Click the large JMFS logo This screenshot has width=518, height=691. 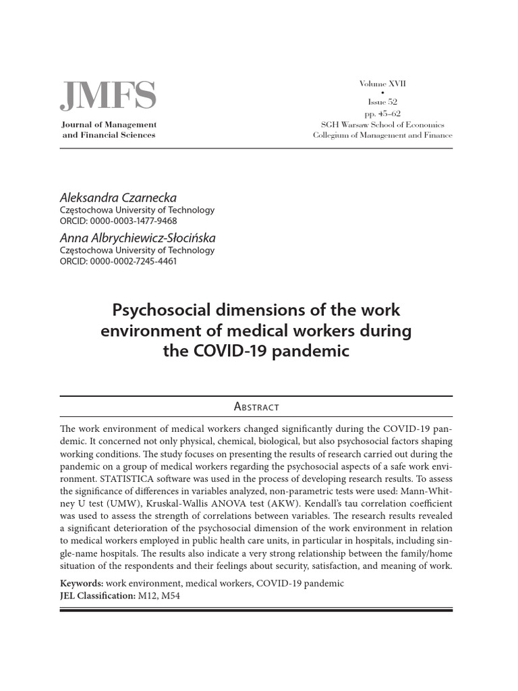pos(108,96)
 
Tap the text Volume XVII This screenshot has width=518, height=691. pos(382,84)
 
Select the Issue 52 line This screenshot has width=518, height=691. pos(382,103)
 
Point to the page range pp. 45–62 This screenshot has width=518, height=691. pos(382,113)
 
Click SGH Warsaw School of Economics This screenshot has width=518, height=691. pos(382,124)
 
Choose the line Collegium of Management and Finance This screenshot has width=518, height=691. pos(382,135)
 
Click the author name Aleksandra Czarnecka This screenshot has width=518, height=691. pos(118,198)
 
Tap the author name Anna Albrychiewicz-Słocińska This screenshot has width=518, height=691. pos(138,238)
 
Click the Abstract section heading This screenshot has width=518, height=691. pos(256,406)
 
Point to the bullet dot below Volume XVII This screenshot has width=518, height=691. pos(382,93)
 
